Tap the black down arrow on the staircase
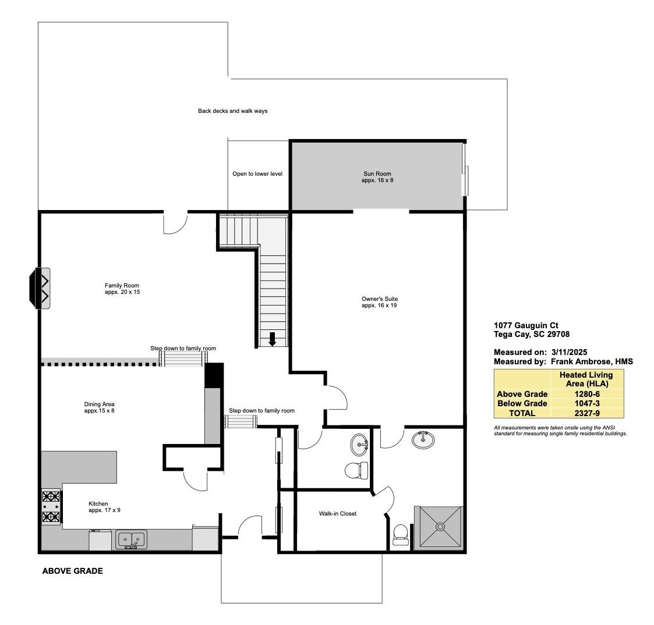(272, 339)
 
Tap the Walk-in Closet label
(337, 513)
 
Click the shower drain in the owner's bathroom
(440, 526)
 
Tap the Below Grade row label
(522, 403)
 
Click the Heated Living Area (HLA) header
(585, 379)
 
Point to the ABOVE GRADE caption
(72, 571)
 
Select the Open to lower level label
(257, 173)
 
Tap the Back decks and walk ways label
(232, 111)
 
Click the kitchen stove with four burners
(51, 507)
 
